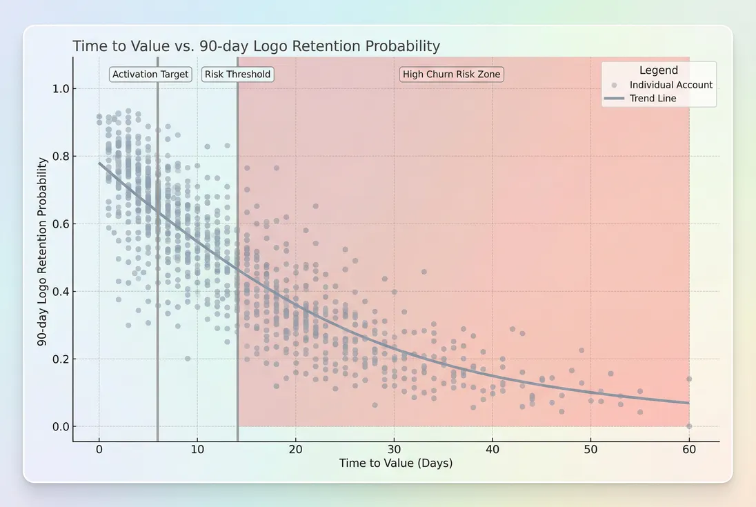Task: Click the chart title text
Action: tap(256, 46)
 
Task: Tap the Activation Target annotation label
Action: tap(150, 74)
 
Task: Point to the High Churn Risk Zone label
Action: tap(452, 74)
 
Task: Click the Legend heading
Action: tap(658, 70)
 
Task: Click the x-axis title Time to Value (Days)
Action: tap(395, 464)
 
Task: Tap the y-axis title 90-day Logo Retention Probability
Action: tap(43, 251)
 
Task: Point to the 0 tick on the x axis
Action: tap(99, 449)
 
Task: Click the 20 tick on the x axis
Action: tap(296, 449)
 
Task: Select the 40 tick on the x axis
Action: tap(493, 449)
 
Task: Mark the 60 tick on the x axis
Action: tap(689, 449)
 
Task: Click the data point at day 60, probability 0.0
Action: tap(689, 426)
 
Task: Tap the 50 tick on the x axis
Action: tap(591, 449)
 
